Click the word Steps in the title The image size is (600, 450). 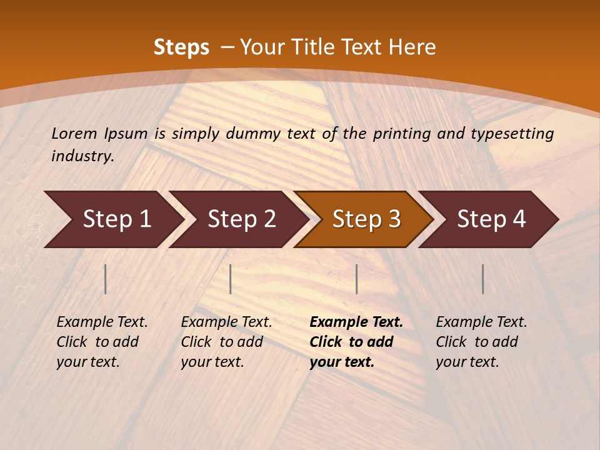coord(181,47)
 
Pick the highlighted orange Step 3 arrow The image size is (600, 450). coord(366,219)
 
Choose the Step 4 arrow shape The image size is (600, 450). coord(491,219)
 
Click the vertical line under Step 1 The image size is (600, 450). coord(106,279)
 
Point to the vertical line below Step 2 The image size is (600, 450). coord(231,279)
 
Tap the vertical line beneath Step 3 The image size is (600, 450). coord(356,279)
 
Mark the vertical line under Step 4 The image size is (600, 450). coord(482,279)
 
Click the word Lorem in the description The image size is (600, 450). coord(74,134)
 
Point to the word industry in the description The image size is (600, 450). coord(82,156)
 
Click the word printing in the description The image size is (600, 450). coord(403,134)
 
